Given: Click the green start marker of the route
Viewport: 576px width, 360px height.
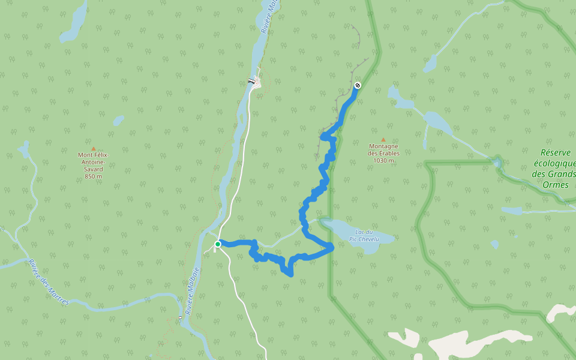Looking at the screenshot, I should (218, 244).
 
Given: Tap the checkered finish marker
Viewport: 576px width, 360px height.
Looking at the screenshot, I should (358, 85).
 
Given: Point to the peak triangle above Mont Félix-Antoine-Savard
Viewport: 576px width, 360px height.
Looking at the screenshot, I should (93, 148).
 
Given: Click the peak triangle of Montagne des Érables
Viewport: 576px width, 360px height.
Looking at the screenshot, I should (383, 139).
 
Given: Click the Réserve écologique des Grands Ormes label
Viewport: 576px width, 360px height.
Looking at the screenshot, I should (553, 169).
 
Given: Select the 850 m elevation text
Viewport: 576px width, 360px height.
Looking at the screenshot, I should (93, 176).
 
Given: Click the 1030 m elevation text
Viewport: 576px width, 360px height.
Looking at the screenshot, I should (383, 160).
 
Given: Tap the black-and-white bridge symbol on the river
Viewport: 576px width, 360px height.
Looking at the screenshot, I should (251, 81).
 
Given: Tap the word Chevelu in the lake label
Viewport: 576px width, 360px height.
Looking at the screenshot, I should (368, 239).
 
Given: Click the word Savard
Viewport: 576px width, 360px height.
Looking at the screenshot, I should (93, 169).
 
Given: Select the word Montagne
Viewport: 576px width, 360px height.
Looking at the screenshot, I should (383, 146).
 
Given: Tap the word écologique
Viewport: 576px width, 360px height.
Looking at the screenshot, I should (554, 164).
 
